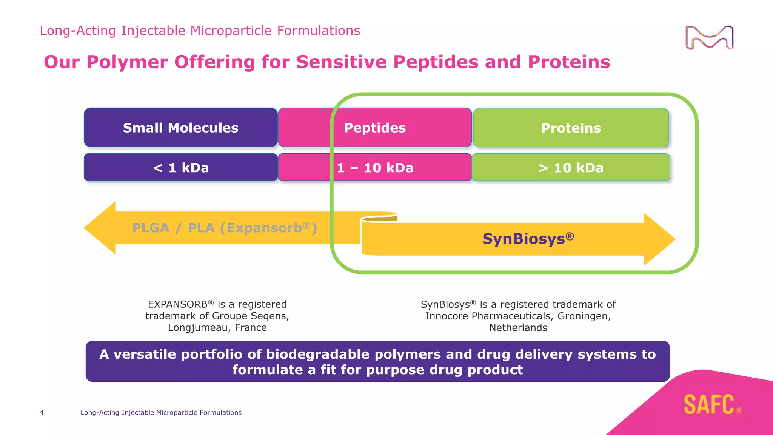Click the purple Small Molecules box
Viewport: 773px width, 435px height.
180,128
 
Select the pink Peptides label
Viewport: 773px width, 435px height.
374,128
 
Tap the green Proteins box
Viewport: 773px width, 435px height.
571,128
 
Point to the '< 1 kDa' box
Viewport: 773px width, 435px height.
180,168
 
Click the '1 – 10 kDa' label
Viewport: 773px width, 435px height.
375,168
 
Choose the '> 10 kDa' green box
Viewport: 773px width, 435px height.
571,168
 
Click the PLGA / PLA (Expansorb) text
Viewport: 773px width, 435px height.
224,228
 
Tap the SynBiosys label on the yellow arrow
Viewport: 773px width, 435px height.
528,239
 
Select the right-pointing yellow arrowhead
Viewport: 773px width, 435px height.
659,239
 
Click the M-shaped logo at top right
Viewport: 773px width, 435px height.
709,38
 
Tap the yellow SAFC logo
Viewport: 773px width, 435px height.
709,405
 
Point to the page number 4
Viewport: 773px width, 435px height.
42,413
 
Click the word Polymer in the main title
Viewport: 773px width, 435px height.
127,62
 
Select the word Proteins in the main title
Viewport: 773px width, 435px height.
569,62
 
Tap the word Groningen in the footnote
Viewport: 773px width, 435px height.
583,316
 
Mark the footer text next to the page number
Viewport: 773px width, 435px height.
161,413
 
